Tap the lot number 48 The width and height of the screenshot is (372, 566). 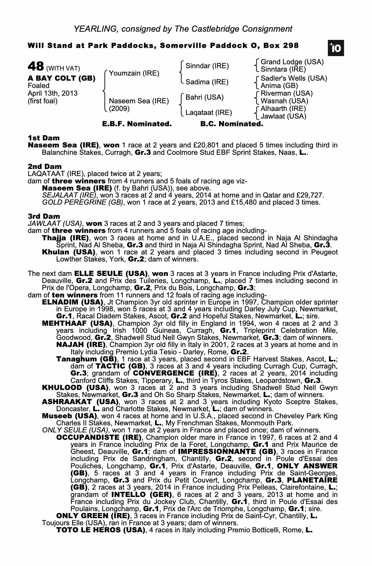[x=36, y=67]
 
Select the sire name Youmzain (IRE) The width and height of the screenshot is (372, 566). [x=134, y=74]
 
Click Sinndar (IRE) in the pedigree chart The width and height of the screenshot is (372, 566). [x=207, y=66]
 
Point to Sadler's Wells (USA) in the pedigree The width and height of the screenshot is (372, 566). [x=294, y=78]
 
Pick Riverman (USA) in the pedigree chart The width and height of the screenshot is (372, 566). [x=287, y=93]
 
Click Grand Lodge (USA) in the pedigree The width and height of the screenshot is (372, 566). [x=292, y=62]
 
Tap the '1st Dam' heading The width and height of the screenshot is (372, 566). [x=44, y=138]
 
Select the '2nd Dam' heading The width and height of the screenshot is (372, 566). [x=44, y=166]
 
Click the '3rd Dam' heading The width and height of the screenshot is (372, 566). [x=44, y=216]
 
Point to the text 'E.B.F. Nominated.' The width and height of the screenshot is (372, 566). [x=137, y=124]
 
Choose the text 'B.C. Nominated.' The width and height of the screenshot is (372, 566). [x=232, y=124]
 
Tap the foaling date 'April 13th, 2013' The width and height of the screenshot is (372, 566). [x=53, y=93]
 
